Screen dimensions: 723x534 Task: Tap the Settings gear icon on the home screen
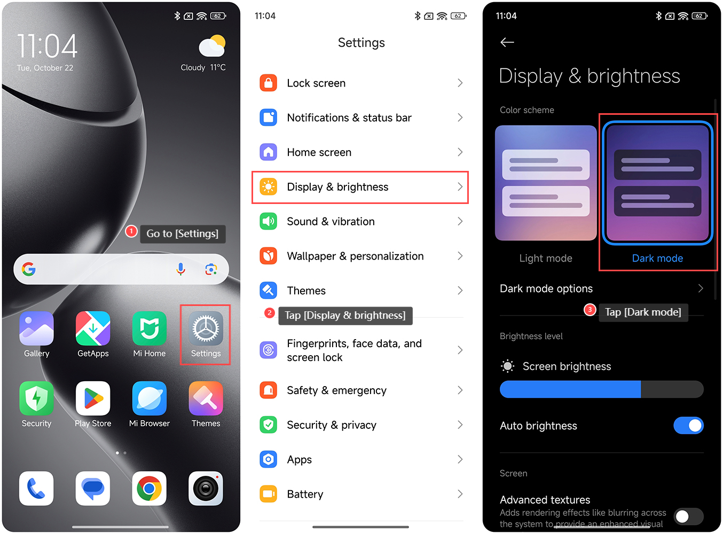pyautogui.click(x=206, y=328)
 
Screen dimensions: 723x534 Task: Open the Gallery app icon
pyautogui.click(x=36, y=328)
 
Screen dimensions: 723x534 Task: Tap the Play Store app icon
pyautogui.click(x=93, y=398)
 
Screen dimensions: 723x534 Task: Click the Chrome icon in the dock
pyautogui.click(x=150, y=488)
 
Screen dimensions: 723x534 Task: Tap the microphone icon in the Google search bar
pyautogui.click(x=180, y=269)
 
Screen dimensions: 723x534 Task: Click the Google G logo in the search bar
pyautogui.click(x=29, y=269)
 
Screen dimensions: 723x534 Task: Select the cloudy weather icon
pyautogui.click(x=212, y=45)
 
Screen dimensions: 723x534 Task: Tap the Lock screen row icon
pyautogui.click(x=268, y=83)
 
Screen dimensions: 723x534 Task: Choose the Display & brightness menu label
pyautogui.click(x=337, y=187)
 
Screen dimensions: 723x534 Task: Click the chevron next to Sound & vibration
pyautogui.click(x=460, y=222)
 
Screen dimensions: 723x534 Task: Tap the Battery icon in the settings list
pyautogui.click(x=268, y=494)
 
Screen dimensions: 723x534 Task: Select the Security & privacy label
pyautogui.click(x=332, y=425)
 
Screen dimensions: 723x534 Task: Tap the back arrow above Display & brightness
pyautogui.click(x=507, y=42)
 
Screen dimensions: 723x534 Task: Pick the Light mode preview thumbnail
pyautogui.click(x=546, y=183)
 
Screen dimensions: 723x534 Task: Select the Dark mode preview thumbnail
pyautogui.click(x=657, y=183)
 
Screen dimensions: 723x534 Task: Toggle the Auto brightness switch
pyautogui.click(x=688, y=426)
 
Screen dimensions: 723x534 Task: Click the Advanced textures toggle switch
pyautogui.click(x=688, y=516)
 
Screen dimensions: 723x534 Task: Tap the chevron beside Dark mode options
pyautogui.click(x=701, y=288)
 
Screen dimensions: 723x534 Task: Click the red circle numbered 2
pyautogui.click(x=269, y=312)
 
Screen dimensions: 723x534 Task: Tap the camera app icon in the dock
pyautogui.click(x=206, y=488)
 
